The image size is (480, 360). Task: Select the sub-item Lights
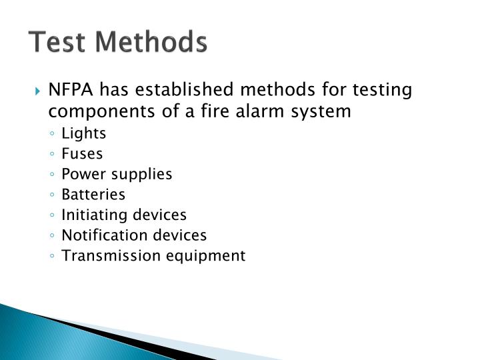83,133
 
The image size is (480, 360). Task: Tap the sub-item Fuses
82,154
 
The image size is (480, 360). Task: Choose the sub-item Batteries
93,195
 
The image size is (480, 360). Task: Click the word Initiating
92,215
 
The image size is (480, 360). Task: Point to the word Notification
98,235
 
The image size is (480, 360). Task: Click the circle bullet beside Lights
52,134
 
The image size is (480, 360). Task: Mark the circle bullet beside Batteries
52,195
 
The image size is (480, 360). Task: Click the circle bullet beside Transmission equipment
52,256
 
